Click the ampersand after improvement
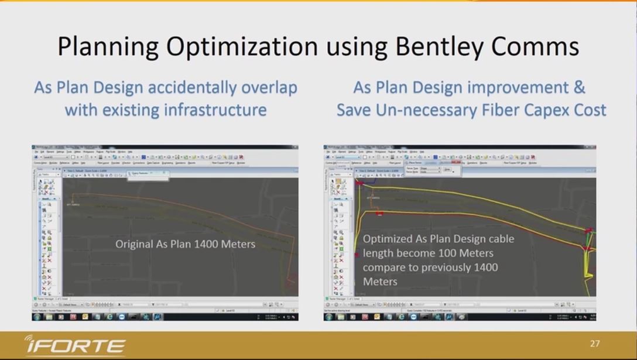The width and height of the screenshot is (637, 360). (579, 88)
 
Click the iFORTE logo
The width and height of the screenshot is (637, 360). (74, 345)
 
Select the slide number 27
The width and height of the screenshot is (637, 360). (595, 344)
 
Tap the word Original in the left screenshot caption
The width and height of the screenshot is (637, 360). (134, 244)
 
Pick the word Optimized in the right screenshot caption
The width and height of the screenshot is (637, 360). (386, 239)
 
